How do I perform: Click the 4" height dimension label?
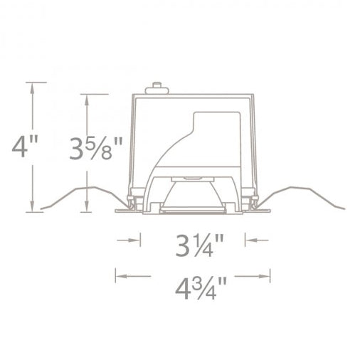click(25, 147)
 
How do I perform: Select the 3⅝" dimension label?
click(96, 149)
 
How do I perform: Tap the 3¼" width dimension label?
click(199, 245)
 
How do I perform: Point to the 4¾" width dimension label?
click(201, 288)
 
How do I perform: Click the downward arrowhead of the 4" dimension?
click(32, 206)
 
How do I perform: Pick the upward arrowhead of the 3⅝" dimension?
click(87, 100)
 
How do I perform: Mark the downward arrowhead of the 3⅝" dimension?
click(87, 206)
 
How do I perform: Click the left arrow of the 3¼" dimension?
click(129, 240)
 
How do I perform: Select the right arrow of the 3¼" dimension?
click(257, 240)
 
